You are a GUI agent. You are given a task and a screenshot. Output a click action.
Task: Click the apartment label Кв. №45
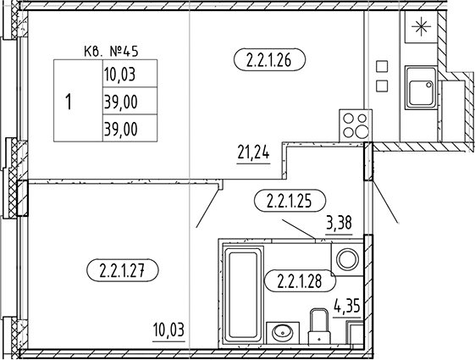[111, 52]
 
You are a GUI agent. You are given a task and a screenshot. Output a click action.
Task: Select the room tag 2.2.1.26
[269, 59]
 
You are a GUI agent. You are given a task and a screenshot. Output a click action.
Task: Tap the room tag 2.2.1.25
[290, 201]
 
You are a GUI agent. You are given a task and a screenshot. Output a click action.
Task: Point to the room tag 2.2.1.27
[123, 270]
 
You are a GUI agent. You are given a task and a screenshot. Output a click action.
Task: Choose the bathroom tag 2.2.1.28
[301, 281]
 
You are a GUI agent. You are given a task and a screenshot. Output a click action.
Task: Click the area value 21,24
[253, 153]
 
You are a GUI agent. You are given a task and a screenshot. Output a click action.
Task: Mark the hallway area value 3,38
[339, 224]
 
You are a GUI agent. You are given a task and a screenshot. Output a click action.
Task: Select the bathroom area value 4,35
[347, 306]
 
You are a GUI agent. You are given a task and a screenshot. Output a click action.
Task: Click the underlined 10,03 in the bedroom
[168, 330]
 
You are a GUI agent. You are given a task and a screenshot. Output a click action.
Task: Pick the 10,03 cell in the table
[130, 74]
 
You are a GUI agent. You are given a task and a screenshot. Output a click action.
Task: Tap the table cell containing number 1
[78, 101]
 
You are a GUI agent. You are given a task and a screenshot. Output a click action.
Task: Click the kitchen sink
[421, 87]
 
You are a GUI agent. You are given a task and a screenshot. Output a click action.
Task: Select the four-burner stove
[356, 125]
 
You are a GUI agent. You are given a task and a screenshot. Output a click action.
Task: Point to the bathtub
[243, 295]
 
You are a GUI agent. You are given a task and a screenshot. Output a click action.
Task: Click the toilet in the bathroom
[319, 326]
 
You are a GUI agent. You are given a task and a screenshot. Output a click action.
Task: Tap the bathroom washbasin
[283, 333]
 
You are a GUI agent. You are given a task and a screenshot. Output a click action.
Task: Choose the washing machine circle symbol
[348, 260]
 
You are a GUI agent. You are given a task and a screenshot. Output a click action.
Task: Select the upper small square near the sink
[382, 66]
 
